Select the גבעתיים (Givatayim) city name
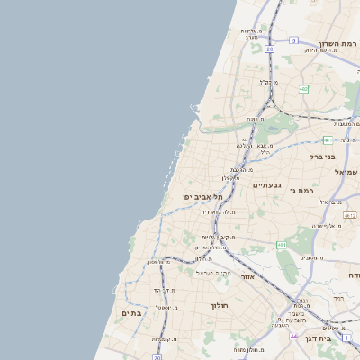(x=267, y=184)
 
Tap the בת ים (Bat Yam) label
(x=132, y=313)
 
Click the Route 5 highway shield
(x=294, y=40)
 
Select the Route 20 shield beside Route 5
(x=269, y=49)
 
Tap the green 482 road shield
(x=303, y=88)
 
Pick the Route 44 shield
(x=294, y=335)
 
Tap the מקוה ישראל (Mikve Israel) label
(x=215, y=273)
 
